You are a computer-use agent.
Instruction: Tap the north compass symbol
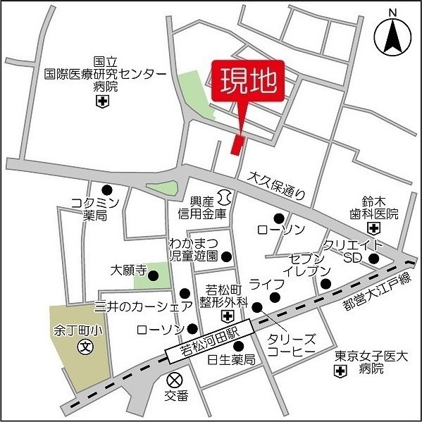[x=392, y=35]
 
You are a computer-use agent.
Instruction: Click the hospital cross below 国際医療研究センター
[x=104, y=103]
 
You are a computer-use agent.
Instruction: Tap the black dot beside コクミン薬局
[x=107, y=190]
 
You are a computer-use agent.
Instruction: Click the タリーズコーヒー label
[x=291, y=345]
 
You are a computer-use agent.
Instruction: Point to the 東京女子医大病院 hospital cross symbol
[x=341, y=370]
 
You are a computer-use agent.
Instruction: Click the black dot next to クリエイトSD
[x=374, y=259]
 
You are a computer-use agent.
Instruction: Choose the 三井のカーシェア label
[x=143, y=306]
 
